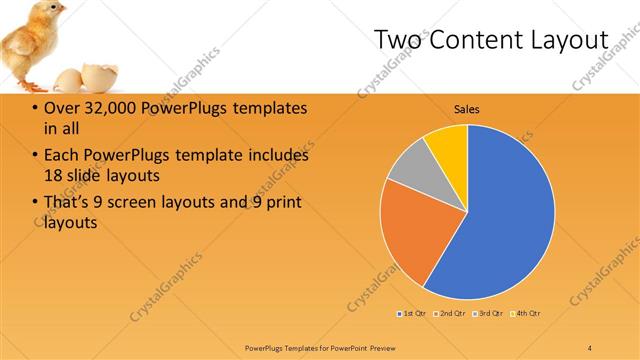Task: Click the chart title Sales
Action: pyautogui.click(x=467, y=108)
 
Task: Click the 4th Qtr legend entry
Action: pyautogui.click(x=526, y=314)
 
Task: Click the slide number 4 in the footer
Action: pyautogui.click(x=590, y=347)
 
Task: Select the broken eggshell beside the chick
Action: pyautogui.click(x=71, y=80)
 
